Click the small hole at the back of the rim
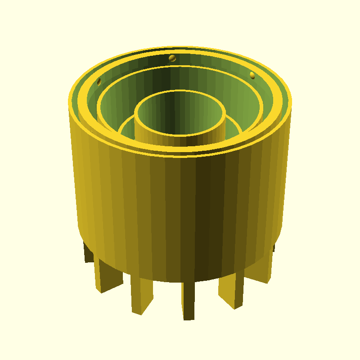[171, 58]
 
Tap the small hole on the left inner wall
[99, 81]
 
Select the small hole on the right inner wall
[252, 75]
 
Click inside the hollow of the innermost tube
[180, 112]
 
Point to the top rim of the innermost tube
[180, 135]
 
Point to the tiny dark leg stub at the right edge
[274, 247]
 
